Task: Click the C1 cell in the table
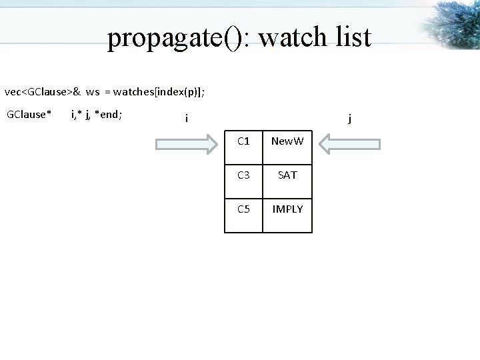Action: pyautogui.click(x=243, y=142)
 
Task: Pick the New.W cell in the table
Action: pyautogui.click(x=287, y=142)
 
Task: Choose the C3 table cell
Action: pyautogui.click(x=243, y=175)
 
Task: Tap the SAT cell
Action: pyautogui.click(x=287, y=175)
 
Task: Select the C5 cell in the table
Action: pyautogui.click(x=243, y=209)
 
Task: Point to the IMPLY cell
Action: pyautogui.click(x=287, y=209)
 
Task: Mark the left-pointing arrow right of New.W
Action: pyautogui.click(x=349, y=143)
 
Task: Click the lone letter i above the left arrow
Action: pyautogui.click(x=187, y=119)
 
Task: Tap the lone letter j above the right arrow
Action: pyautogui.click(x=350, y=119)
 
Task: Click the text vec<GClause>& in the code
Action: pyautogui.click(x=43, y=91)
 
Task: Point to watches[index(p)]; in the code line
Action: pyautogui.click(x=159, y=91)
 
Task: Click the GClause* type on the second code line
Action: pyautogui.click(x=29, y=114)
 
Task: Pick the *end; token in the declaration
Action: pyautogui.click(x=109, y=114)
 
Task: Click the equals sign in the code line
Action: pyautogui.click(x=107, y=91)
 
